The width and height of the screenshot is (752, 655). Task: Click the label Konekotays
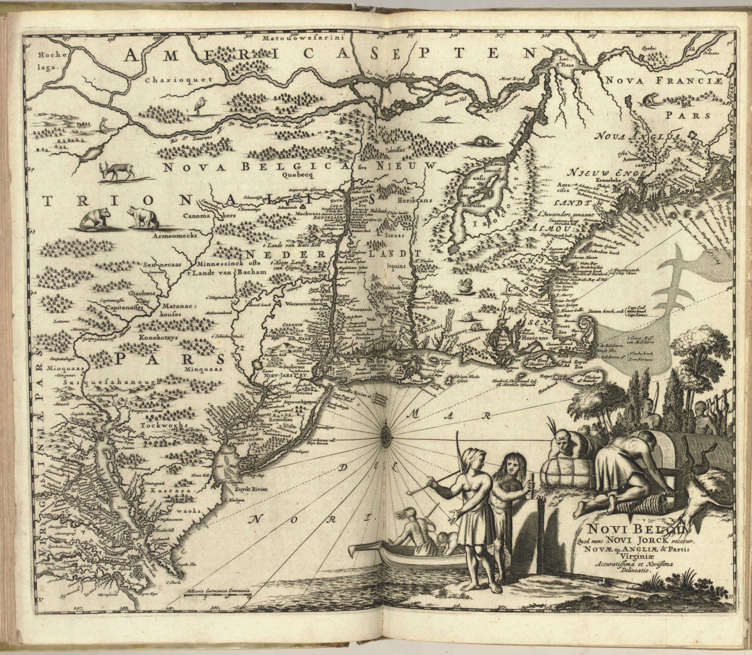pos(158,338)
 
